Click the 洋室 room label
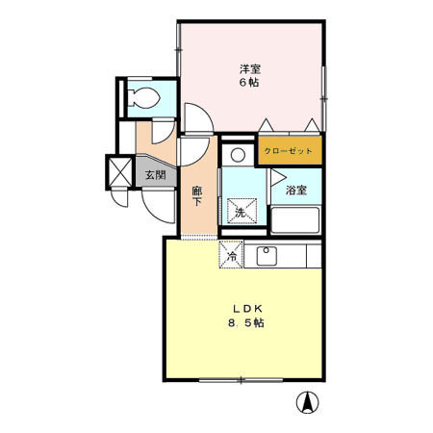click(x=250, y=68)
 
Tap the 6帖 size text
click(x=249, y=83)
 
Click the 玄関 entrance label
click(x=155, y=176)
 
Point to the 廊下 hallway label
click(x=196, y=196)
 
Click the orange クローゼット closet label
click(x=289, y=152)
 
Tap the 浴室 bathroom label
click(x=295, y=191)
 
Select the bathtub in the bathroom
click(x=295, y=221)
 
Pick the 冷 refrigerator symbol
click(x=231, y=255)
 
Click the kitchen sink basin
click(x=267, y=256)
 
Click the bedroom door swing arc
click(x=197, y=120)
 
